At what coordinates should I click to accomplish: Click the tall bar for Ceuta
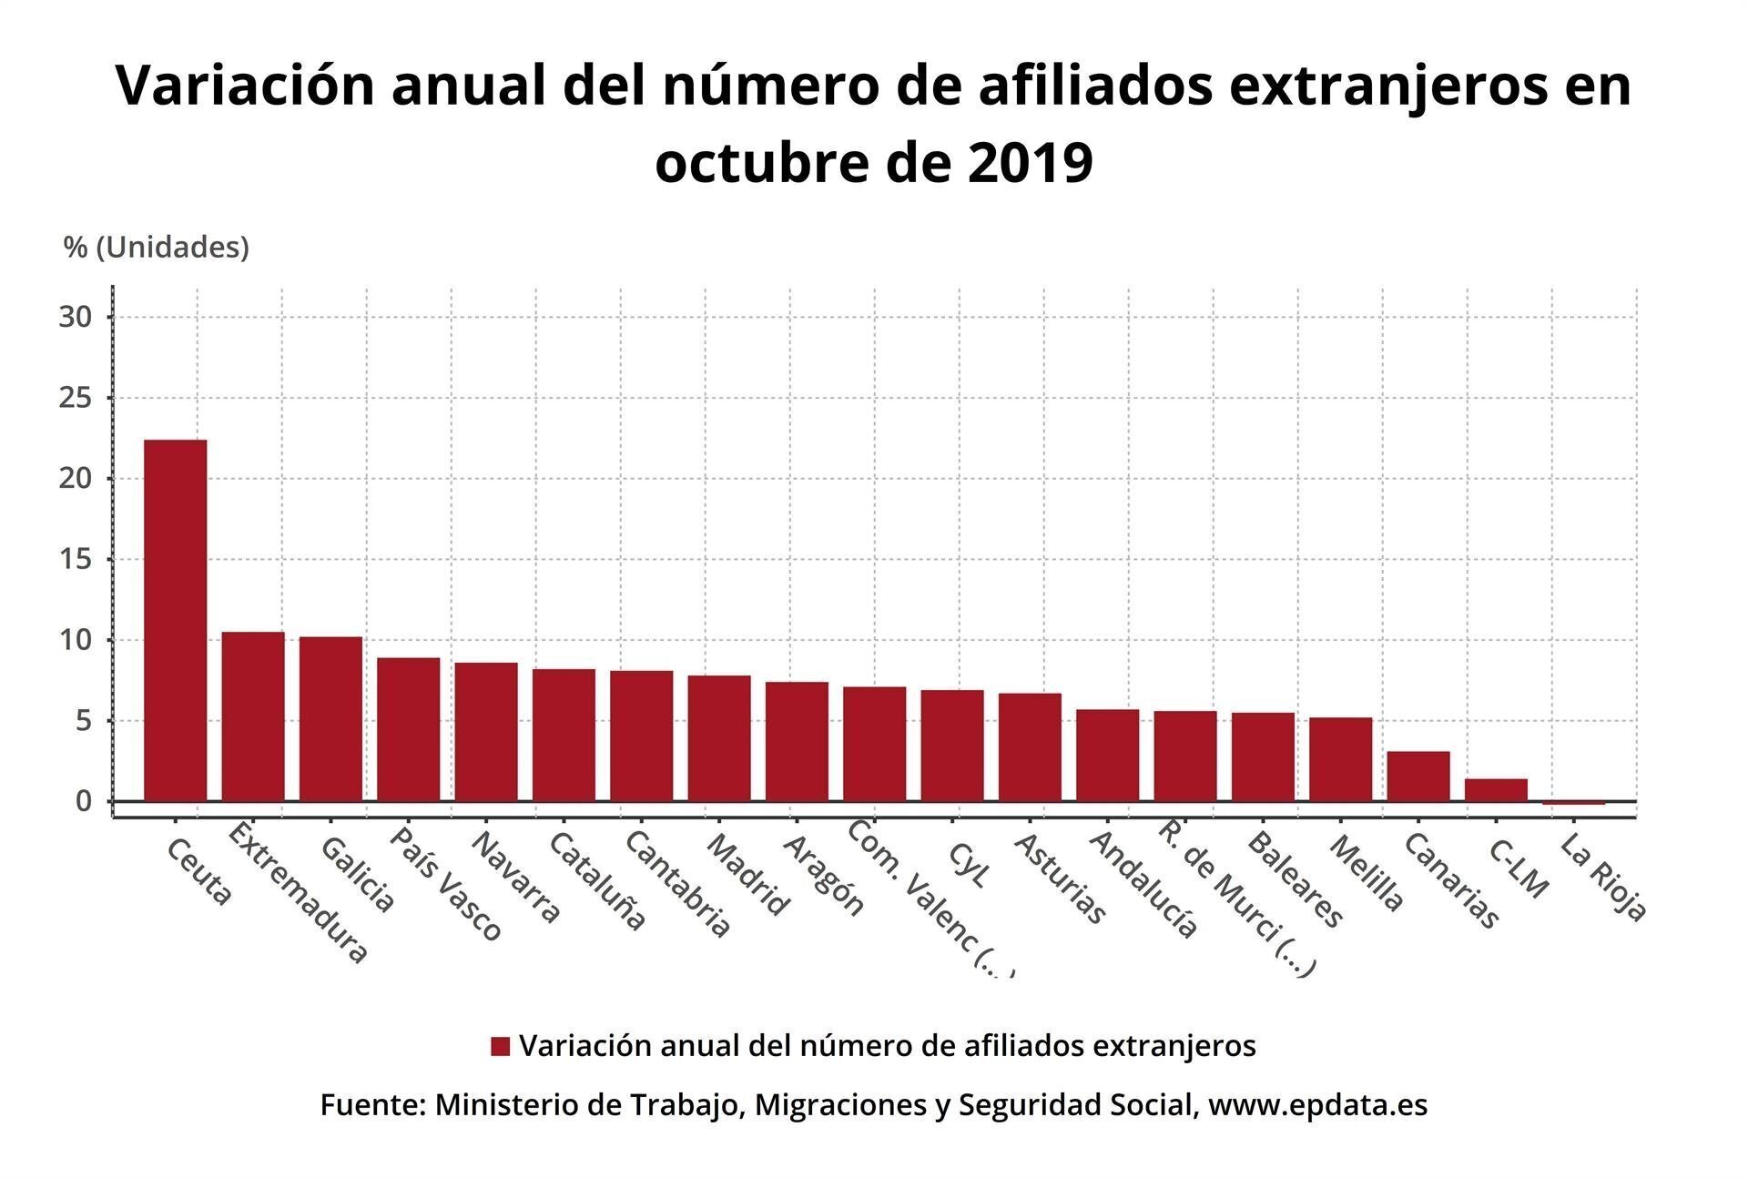pos(175,620)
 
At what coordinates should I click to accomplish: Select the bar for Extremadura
pos(253,716)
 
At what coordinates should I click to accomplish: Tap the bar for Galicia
pos(330,718)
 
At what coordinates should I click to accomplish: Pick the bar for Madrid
pos(719,738)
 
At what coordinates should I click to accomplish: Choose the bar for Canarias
pos(1418,776)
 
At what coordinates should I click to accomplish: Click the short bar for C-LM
pos(1496,789)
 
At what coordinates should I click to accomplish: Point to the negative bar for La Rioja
pos(1573,803)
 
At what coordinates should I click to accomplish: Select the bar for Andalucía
pos(1107,755)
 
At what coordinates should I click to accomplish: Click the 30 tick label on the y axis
pos(76,317)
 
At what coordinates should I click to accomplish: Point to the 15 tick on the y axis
pos(76,559)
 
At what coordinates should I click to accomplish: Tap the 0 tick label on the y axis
pos(84,801)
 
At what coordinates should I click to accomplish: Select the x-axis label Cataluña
pos(597,880)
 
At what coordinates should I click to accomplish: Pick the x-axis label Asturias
pos(1060,878)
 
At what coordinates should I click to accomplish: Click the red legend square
pos(500,1046)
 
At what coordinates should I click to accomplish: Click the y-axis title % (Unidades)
pos(157,247)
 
